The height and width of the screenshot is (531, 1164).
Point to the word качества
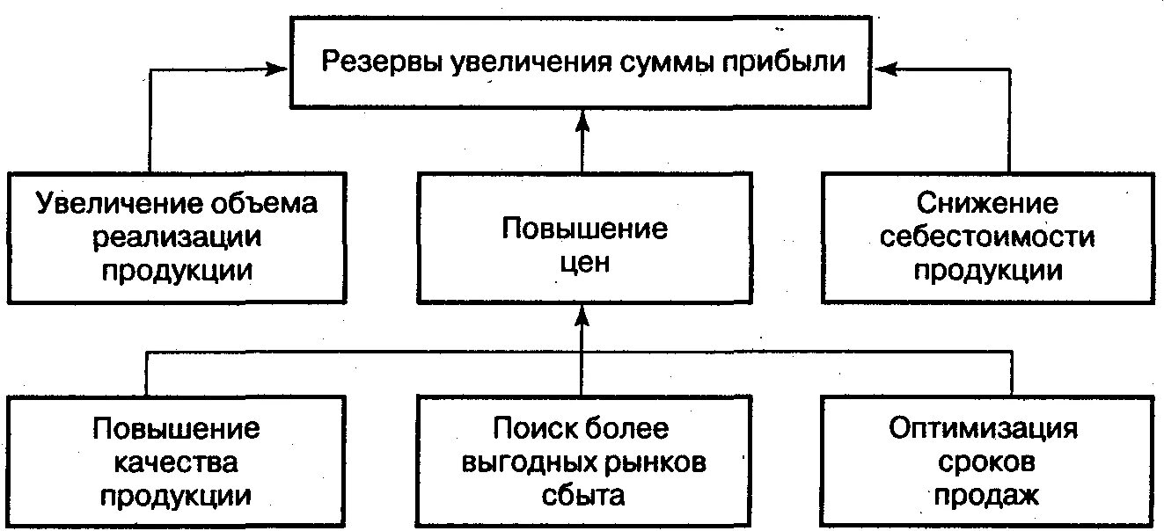coord(176,462)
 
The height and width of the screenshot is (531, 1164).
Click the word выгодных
coord(521,462)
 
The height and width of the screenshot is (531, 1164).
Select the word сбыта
coord(582,495)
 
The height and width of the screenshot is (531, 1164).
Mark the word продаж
coord(986,495)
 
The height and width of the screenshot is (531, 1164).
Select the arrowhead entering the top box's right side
coord(882,66)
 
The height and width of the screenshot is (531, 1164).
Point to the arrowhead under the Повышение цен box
coord(582,315)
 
